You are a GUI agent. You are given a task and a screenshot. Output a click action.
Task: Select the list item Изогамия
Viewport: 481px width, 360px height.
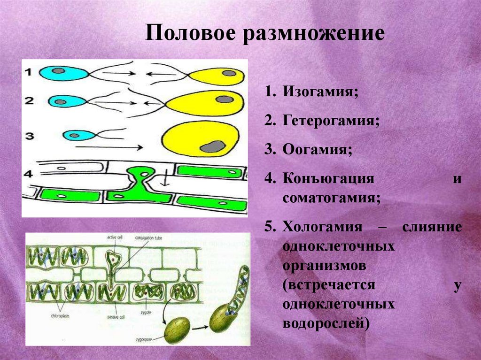pos(320,92)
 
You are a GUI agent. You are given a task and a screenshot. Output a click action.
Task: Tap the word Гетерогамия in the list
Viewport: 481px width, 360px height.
pos(331,121)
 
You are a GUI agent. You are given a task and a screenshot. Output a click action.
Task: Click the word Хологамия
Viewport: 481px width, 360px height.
pos(323,227)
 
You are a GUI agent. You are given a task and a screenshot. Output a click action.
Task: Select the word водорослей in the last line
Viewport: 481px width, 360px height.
pos(324,322)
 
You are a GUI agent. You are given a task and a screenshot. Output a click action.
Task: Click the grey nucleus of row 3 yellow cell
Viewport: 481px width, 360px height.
pos(212,146)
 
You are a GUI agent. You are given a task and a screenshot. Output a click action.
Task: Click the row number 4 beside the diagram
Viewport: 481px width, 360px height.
pos(29,174)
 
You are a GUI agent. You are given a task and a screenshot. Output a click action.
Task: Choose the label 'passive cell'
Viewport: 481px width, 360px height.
pos(115,317)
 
